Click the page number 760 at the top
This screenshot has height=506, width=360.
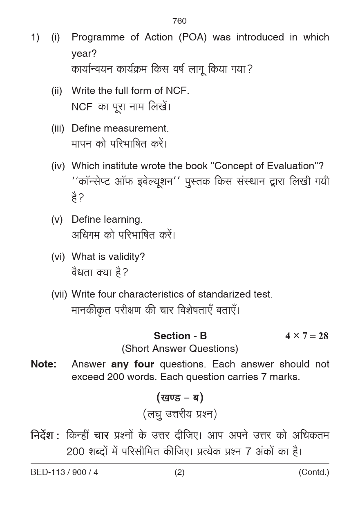179,21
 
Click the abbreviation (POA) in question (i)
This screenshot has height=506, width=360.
192,37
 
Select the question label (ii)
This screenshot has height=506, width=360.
56,91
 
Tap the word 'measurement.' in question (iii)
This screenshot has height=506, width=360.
141,128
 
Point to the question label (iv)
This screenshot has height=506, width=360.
58,166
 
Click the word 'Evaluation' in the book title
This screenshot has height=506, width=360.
290,166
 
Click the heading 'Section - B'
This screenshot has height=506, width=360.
180,336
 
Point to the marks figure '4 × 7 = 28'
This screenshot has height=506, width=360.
306,336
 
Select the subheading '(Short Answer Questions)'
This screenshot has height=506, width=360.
180,349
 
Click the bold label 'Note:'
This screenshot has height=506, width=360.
43,364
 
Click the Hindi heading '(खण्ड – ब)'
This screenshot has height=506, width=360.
180,397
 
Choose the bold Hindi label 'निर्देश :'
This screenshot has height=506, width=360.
45,436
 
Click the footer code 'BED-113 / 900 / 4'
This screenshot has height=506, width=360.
64,472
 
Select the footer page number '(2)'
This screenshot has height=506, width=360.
179,472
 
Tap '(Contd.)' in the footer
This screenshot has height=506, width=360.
313,472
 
